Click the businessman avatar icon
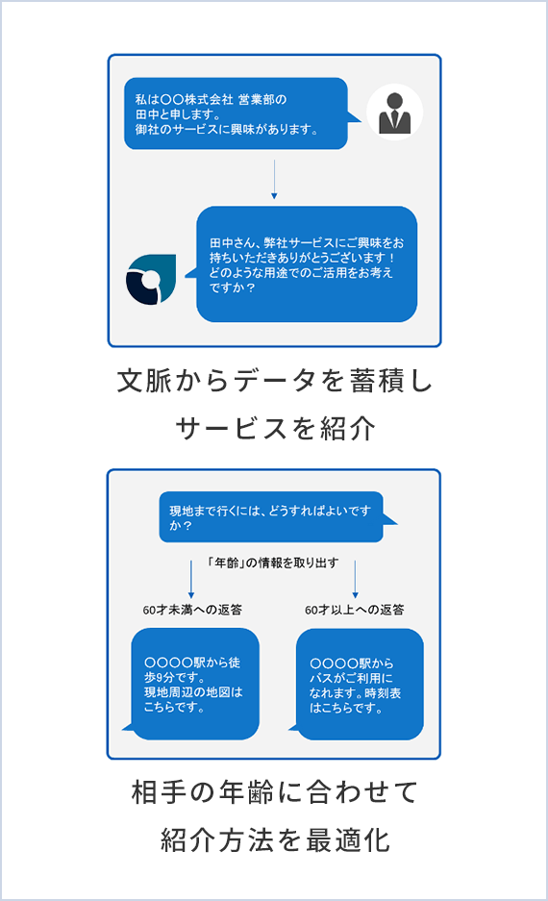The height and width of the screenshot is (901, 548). [394, 113]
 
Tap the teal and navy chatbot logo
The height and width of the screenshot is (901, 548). [151, 279]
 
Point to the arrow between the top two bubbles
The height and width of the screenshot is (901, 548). [274, 179]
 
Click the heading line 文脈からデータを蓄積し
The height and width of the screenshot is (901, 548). [274, 381]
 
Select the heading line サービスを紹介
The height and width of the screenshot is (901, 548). [275, 429]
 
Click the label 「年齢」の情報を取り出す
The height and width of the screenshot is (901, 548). [273, 563]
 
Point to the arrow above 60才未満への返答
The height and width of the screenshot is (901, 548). [191, 580]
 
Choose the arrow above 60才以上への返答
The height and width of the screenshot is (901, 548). [355, 580]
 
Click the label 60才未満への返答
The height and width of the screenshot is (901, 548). [192, 610]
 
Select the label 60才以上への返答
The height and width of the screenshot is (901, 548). [355, 610]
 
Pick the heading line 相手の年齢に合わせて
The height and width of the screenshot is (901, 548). [275, 792]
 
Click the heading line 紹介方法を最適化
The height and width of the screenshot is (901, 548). [275, 840]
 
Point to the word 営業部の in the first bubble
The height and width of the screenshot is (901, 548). [262, 99]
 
